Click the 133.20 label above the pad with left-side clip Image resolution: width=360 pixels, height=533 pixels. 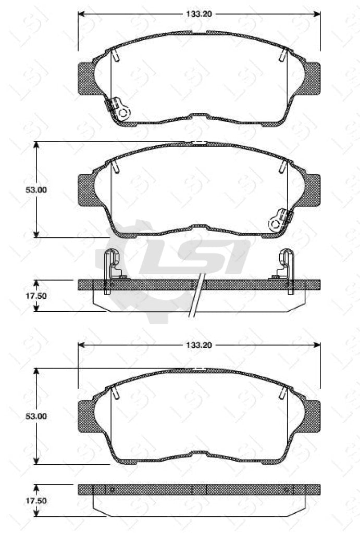coord(199,14)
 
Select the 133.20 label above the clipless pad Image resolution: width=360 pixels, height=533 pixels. coord(199,345)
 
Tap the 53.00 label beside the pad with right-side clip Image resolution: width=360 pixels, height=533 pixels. coord(37,190)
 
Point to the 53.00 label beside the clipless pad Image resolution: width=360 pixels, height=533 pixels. coord(37,416)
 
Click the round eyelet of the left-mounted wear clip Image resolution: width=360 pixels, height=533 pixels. coord(123,112)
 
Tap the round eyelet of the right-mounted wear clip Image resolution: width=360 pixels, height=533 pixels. coord(275,224)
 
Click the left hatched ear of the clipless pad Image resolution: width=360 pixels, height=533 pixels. coord(86,416)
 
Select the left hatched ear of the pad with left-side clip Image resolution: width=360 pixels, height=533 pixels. coord(86,78)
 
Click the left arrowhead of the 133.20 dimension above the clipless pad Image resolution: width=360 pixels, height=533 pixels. coord(81,345)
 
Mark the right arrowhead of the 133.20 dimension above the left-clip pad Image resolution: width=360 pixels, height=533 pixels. coord(317,14)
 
